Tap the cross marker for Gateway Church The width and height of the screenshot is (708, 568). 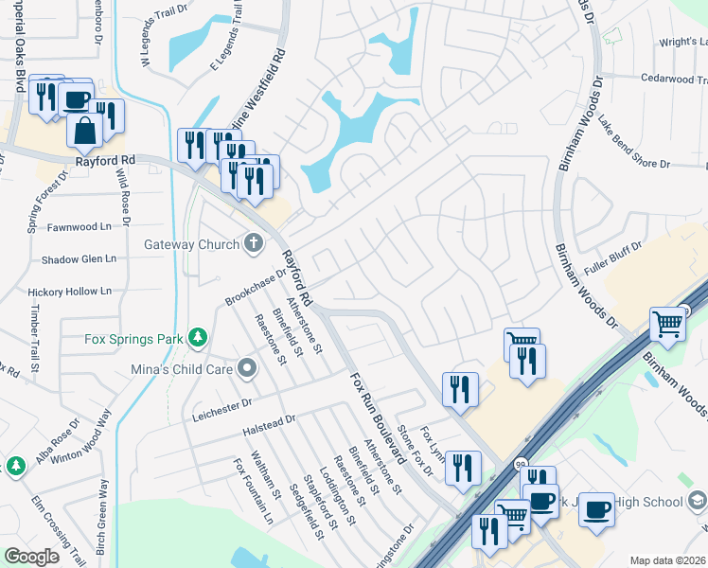click(253, 243)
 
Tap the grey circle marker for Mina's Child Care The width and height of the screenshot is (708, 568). click(247, 367)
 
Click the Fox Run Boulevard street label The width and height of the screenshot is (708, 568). click(378, 416)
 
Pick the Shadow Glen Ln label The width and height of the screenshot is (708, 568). click(79, 259)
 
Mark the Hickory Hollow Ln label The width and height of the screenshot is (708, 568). click(70, 291)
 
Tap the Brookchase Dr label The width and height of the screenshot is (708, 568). click(255, 288)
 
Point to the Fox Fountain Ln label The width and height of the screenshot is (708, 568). click(254, 491)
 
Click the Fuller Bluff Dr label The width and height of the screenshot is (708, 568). click(612, 258)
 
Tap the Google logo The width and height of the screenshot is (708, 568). click(31, 557)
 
